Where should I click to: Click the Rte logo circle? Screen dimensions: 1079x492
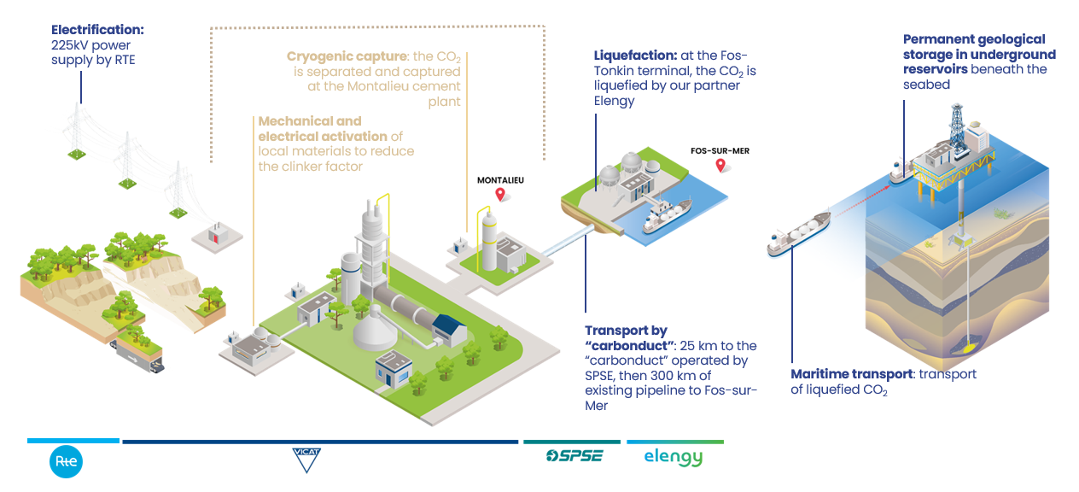pos(66,461)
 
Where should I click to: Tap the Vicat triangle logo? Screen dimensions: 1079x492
pos(306,460)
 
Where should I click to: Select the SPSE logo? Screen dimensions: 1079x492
pos(574,455)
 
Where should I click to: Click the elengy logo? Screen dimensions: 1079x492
pos(674,457)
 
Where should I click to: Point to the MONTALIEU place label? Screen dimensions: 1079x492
pos(500,180)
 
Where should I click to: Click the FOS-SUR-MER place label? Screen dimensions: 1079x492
pos(720,151)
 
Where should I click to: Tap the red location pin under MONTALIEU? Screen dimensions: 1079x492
pos(500,194)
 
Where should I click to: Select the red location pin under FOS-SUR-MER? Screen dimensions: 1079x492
pos(720,166)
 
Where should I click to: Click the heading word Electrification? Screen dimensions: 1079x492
pos(97,30)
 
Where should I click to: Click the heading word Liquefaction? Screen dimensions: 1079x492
pos(635,56)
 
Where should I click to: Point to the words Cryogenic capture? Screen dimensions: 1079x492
pos(347,56)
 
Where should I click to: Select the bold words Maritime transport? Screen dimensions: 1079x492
pos(852,374)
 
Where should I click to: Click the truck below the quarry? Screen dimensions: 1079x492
pos(139,356)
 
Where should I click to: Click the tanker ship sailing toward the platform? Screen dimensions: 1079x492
pos(799,234)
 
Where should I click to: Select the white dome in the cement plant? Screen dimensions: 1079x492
pos(375,330)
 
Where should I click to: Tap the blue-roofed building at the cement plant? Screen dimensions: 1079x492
pos(450,330)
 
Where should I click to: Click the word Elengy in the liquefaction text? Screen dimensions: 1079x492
pos(614,101)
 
